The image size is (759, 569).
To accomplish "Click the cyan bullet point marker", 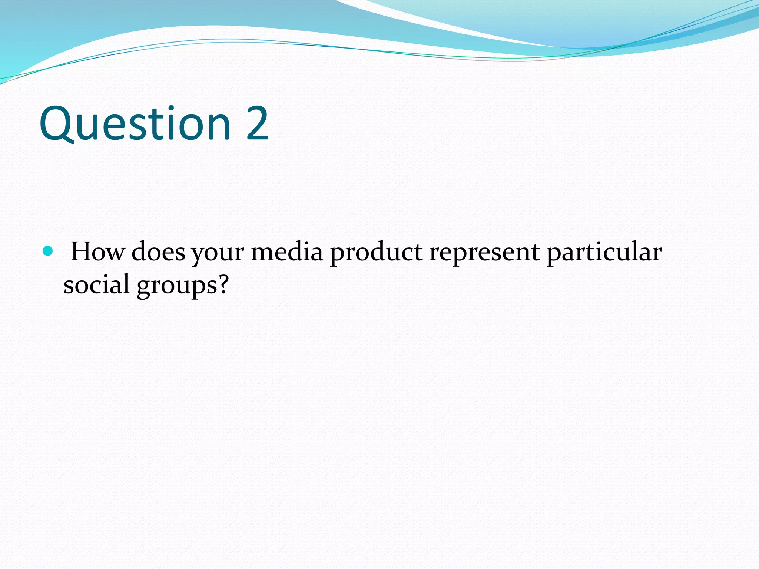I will (48, 252).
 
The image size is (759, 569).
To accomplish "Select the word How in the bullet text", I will (97, 252).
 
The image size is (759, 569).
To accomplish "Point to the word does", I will (158, 252).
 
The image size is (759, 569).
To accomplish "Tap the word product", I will (376, 254).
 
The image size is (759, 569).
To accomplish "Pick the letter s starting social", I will (69, 286).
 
